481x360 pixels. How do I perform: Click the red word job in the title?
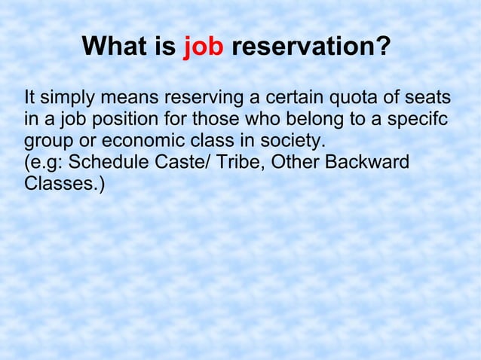pyautogui.click(x=204, y=49)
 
